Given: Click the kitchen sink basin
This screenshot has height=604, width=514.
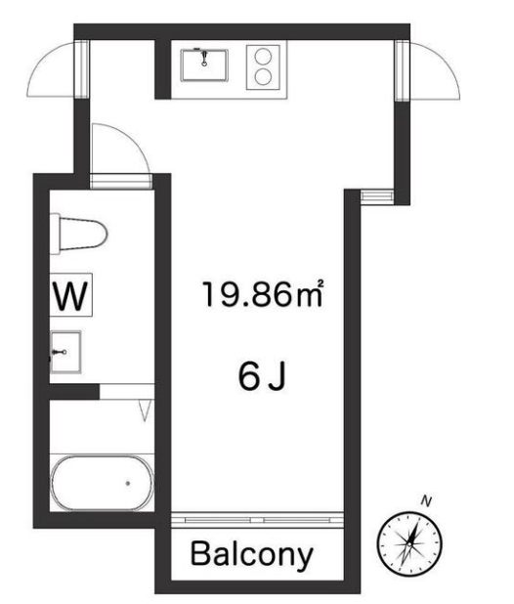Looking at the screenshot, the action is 204,65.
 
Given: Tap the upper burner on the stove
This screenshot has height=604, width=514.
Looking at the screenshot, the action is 264,57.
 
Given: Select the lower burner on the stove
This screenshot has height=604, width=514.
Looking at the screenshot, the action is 264,76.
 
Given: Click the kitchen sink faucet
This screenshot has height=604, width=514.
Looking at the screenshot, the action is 204,58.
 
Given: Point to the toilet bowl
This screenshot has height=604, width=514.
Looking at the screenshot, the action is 82,234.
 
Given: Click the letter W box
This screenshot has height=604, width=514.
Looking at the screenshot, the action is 70,295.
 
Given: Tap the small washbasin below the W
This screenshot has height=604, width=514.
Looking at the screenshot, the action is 65,352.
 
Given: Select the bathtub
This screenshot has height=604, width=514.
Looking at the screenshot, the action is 102,483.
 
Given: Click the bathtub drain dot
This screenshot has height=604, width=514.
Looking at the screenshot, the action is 127,483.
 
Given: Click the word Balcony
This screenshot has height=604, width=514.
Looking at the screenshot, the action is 252,555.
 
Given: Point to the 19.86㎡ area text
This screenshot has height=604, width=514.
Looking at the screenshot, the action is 263,294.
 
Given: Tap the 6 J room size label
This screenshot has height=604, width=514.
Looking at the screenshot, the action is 262,376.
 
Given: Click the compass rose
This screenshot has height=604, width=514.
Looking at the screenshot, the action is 409,543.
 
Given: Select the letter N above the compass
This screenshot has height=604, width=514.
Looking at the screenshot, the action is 426,501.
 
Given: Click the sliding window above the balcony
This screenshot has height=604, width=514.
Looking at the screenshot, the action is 257,520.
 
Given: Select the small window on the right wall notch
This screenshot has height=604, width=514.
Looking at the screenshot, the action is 377,195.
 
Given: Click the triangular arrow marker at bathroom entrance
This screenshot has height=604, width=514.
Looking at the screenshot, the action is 146,410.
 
